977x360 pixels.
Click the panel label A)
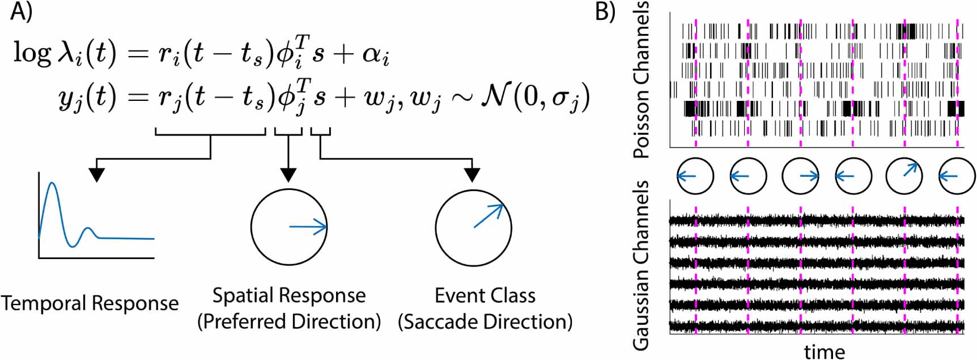(21, 12)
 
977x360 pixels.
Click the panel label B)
(605, 12)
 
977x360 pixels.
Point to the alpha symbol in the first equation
(375, 54)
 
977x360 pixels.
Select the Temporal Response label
(90, 303)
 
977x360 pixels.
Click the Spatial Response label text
(289, 295)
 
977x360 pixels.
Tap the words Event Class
(485, 295)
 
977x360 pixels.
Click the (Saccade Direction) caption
(485, 321)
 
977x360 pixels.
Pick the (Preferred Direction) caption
(289, 321)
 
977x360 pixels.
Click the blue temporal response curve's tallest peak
(52, 184)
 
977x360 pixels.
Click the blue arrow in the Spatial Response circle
(308, 227)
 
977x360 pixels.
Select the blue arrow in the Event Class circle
(488, 216)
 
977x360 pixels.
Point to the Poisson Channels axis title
(641, 79)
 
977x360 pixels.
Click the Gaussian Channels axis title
(641, 265)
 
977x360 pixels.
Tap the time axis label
(824, 351)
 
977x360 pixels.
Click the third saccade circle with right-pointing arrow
(800, 176)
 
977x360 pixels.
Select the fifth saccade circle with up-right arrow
(904, 176)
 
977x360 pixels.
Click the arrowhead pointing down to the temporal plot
(97, 175)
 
